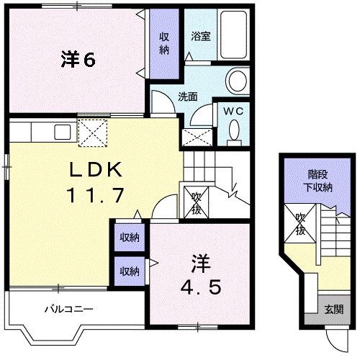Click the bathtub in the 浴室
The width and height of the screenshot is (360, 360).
231,36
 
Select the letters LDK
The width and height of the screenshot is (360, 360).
98,170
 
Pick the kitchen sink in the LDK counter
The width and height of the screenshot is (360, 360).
62,131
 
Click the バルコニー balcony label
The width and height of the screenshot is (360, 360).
70,310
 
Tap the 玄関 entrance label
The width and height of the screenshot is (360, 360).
333,310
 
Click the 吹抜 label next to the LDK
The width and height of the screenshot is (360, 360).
196,204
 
